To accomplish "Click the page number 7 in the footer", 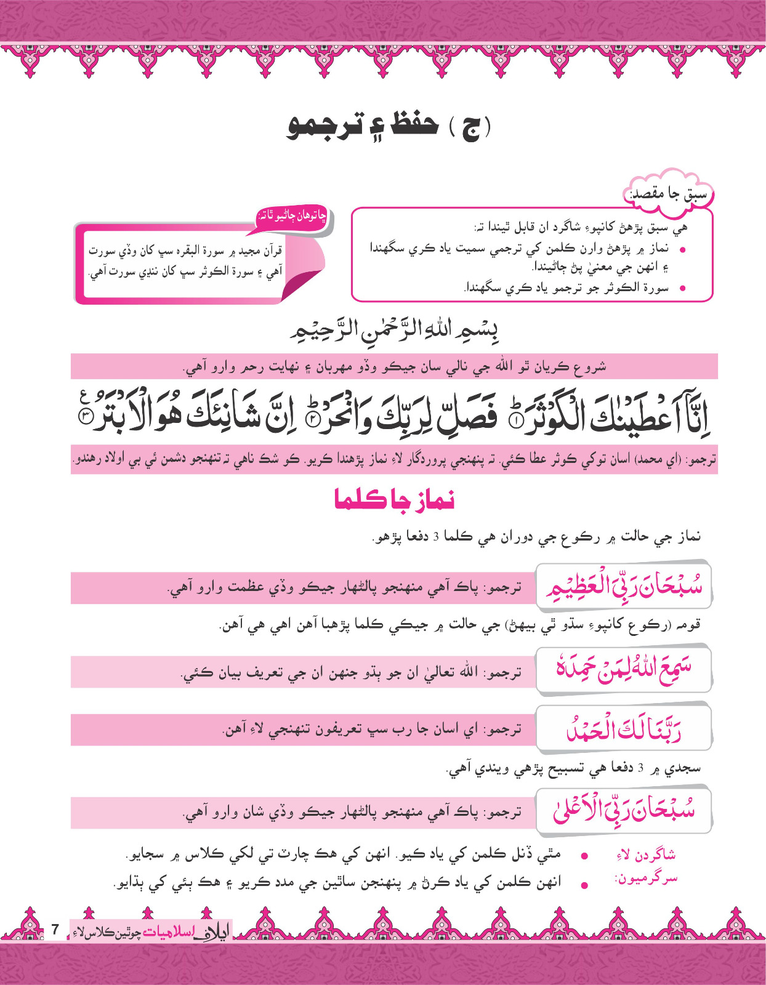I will [x=55, y=929].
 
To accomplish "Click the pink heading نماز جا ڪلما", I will [x=394, y=499].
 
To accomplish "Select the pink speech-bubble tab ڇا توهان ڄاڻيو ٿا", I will [x=292, y=217].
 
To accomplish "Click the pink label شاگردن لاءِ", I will [x=646, y=854].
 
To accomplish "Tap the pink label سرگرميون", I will [x=646, y=878].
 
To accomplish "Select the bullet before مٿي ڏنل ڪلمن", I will [x=584, y=856].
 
